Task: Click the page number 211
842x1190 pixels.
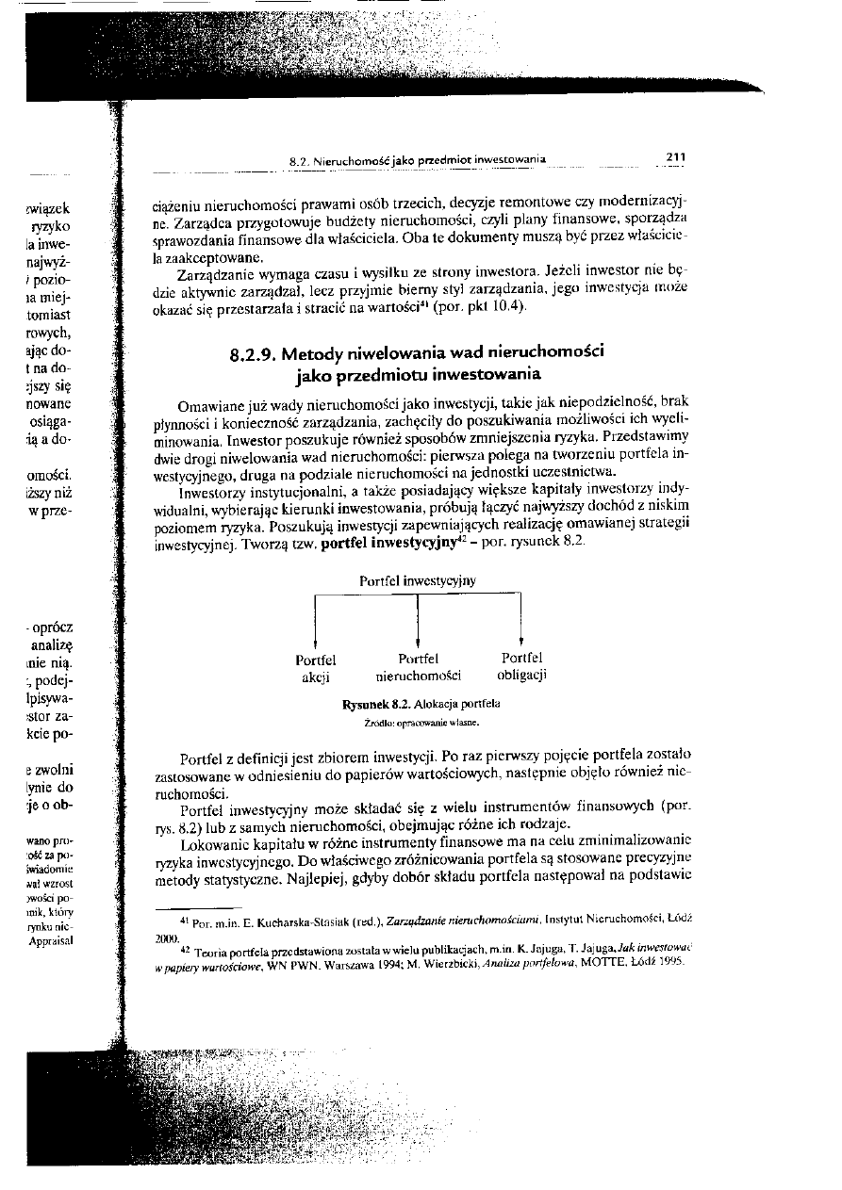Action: coord(674,157)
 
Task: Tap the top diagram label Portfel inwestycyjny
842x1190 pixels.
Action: coord(418,581)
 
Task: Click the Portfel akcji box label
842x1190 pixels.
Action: coord(316,667)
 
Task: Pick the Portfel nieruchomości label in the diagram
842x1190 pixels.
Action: coord(418,667)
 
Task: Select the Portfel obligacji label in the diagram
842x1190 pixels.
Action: coord(521,667)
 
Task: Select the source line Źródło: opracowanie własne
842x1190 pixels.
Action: coord(418,724)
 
